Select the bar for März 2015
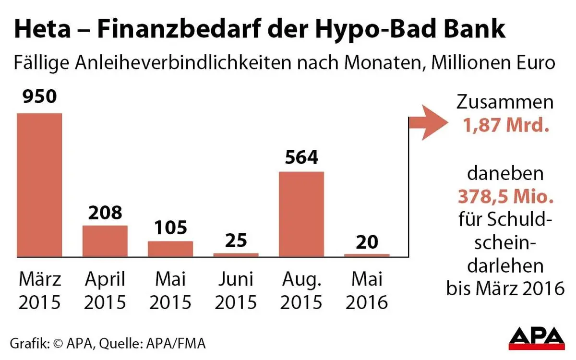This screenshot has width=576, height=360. click(x=39, y=185)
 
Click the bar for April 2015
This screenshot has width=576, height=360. click(x=105, y=241)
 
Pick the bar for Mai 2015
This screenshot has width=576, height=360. click(x=170, y=249)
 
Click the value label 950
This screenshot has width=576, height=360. click(x=39, y=97)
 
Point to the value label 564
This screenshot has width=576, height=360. click(x=301, y=157)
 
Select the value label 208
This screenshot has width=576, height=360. click(x=105, y=212)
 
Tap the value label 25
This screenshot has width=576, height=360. click(x=236, y=240)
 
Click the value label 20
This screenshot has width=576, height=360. click(x=367, y=241)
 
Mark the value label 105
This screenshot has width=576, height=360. click(x=170, y=228)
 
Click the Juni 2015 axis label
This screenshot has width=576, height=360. click(x=236, y=290)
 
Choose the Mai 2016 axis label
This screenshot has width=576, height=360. click(x=367, y=290)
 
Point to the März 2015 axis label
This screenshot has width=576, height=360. click(x=39, y=290)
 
